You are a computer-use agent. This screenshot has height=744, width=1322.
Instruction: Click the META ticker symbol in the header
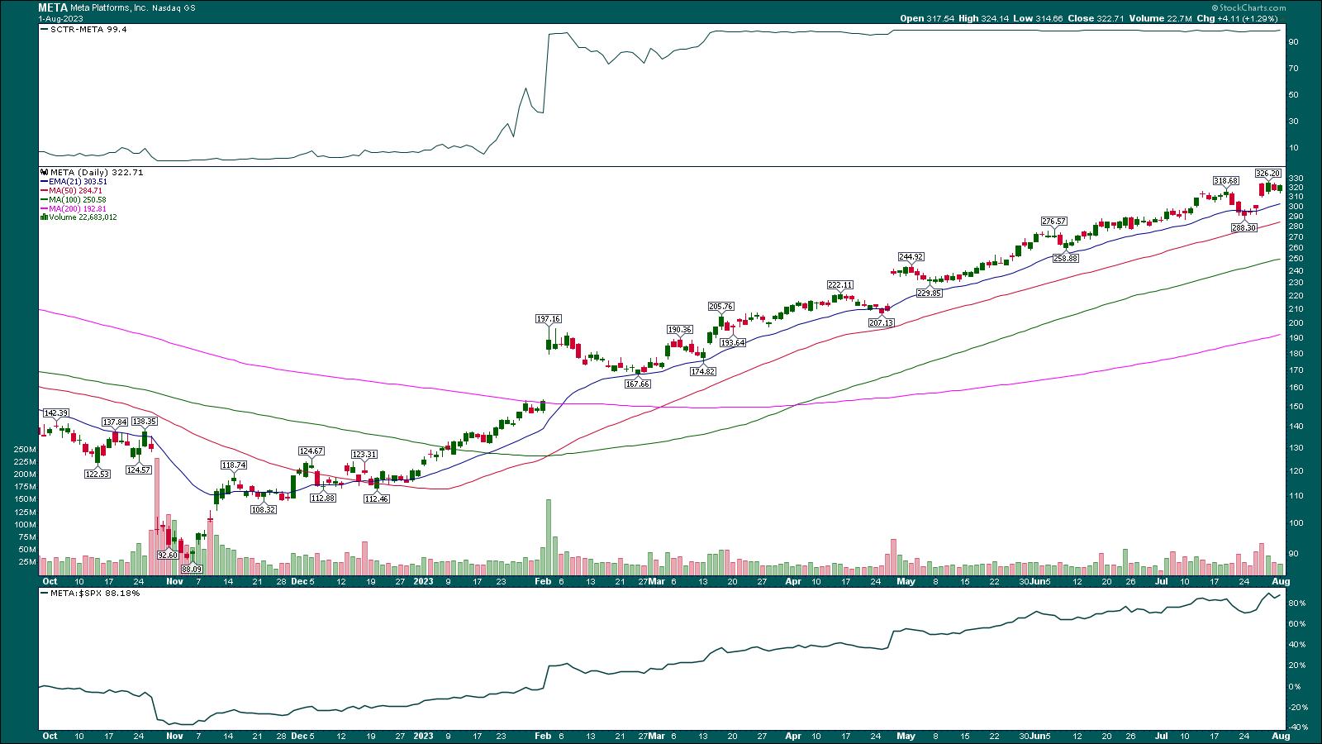click(53, 7)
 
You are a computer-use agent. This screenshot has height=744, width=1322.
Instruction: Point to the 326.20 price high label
click(1267, 174)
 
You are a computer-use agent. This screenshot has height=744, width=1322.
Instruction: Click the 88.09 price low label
click(192, 569)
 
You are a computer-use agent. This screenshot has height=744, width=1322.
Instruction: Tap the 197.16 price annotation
click(549, 318)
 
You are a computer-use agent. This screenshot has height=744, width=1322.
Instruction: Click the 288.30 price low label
click(1244, 227)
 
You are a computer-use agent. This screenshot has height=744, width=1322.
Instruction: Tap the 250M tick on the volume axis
click(25, 450)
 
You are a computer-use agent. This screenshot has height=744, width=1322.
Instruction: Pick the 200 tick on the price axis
click(1296, 323)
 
